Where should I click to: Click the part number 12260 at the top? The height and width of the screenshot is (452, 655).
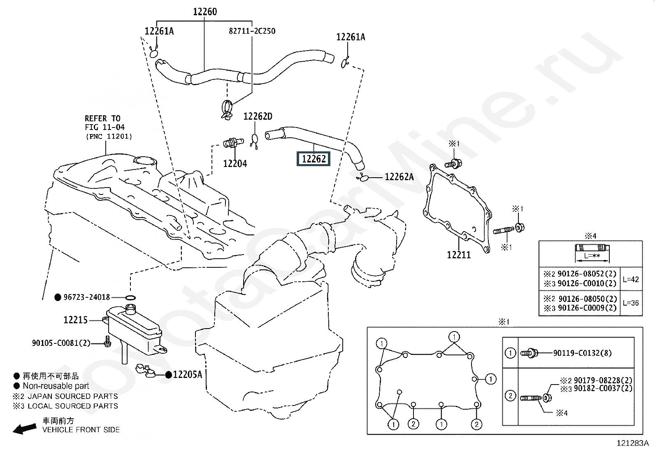tap(205, 12)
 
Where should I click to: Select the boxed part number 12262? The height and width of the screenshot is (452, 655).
tap(314, 159)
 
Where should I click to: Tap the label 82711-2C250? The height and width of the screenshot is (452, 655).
tap(252, 31)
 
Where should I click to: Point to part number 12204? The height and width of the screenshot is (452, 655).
tap(235, 163)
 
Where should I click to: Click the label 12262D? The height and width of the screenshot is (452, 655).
tap(258, 116)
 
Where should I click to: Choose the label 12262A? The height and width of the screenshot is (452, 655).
tap(400, 177)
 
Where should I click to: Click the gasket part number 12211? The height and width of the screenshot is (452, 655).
tap(459, 255)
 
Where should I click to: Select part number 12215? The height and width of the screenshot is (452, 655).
tap(75, 320)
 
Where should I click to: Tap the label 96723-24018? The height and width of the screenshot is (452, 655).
tap(86, 297)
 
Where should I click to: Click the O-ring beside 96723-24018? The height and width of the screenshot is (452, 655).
tap(130, 298)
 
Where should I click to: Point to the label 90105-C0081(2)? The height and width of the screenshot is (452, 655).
tap(61, 343)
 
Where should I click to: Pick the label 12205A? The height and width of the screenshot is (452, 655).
tap(188, 375)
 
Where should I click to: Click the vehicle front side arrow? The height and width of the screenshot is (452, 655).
tap(25, 429)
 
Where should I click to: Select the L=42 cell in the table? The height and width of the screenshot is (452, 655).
tap(631, 280)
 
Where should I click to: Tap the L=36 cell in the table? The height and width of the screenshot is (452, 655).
tap(631, 303)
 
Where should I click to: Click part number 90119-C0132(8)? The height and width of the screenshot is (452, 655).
tap(582, 353)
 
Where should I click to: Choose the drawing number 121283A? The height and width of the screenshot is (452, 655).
tap(632, 443)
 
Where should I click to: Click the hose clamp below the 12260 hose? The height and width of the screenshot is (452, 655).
tap(227, 110)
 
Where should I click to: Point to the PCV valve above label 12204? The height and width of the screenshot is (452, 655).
tap(233, 143)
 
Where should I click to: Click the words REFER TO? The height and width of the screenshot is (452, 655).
tap(102, 118)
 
